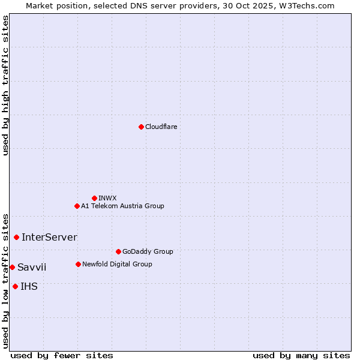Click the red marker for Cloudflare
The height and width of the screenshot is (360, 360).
(141, 127)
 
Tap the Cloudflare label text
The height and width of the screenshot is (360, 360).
(161, 127)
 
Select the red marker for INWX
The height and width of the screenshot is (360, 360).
(94, 198)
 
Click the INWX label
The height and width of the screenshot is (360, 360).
(107, 198)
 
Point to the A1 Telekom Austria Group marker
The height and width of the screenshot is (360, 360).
(77, 206)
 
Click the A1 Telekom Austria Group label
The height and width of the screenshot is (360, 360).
(122, 206)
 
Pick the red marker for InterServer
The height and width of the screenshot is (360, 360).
(16, 237)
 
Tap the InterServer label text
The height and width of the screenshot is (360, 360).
(49, 237)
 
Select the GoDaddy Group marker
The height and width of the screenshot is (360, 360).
(118, 251)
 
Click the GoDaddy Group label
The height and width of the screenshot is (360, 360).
(147, 251)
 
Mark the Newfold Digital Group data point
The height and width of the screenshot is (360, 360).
(78, 264)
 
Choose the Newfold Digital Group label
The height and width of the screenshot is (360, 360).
(117, 264)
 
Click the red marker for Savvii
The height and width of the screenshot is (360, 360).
(12, 267)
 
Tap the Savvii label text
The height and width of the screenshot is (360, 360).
(32, 267)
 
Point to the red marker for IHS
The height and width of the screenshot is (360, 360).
(15, 286)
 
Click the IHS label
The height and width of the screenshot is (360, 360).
(29, 286)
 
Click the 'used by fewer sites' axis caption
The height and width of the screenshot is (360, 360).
(62, 355)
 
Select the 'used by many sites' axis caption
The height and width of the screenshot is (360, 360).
(301, 355)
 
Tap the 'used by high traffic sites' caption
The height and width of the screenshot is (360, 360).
(5, 85)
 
